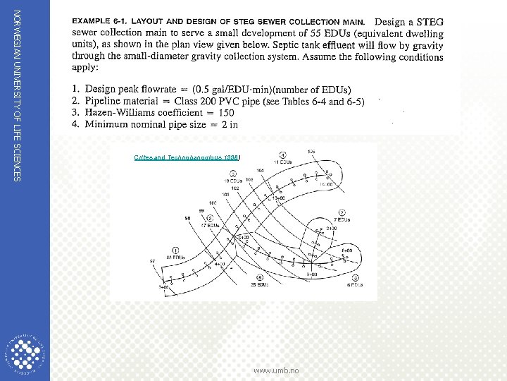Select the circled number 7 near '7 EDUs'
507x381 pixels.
pos(341,212)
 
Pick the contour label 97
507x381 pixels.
pos(153,262)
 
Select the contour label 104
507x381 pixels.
pos(260,170)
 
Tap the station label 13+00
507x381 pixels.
pos(278,199)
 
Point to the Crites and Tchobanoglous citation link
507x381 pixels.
pos(187,157)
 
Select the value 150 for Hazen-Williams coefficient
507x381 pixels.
pos(226,112)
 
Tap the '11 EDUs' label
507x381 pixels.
pos(282,162)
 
